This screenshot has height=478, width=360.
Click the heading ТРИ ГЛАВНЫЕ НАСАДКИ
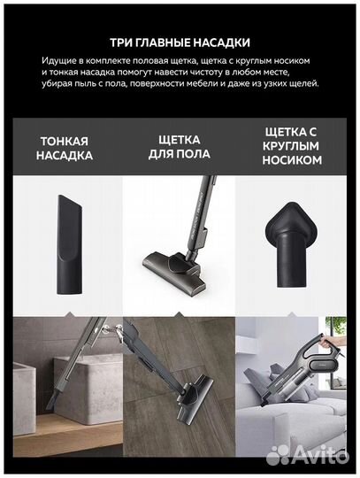180,42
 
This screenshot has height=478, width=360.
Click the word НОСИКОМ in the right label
292,161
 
